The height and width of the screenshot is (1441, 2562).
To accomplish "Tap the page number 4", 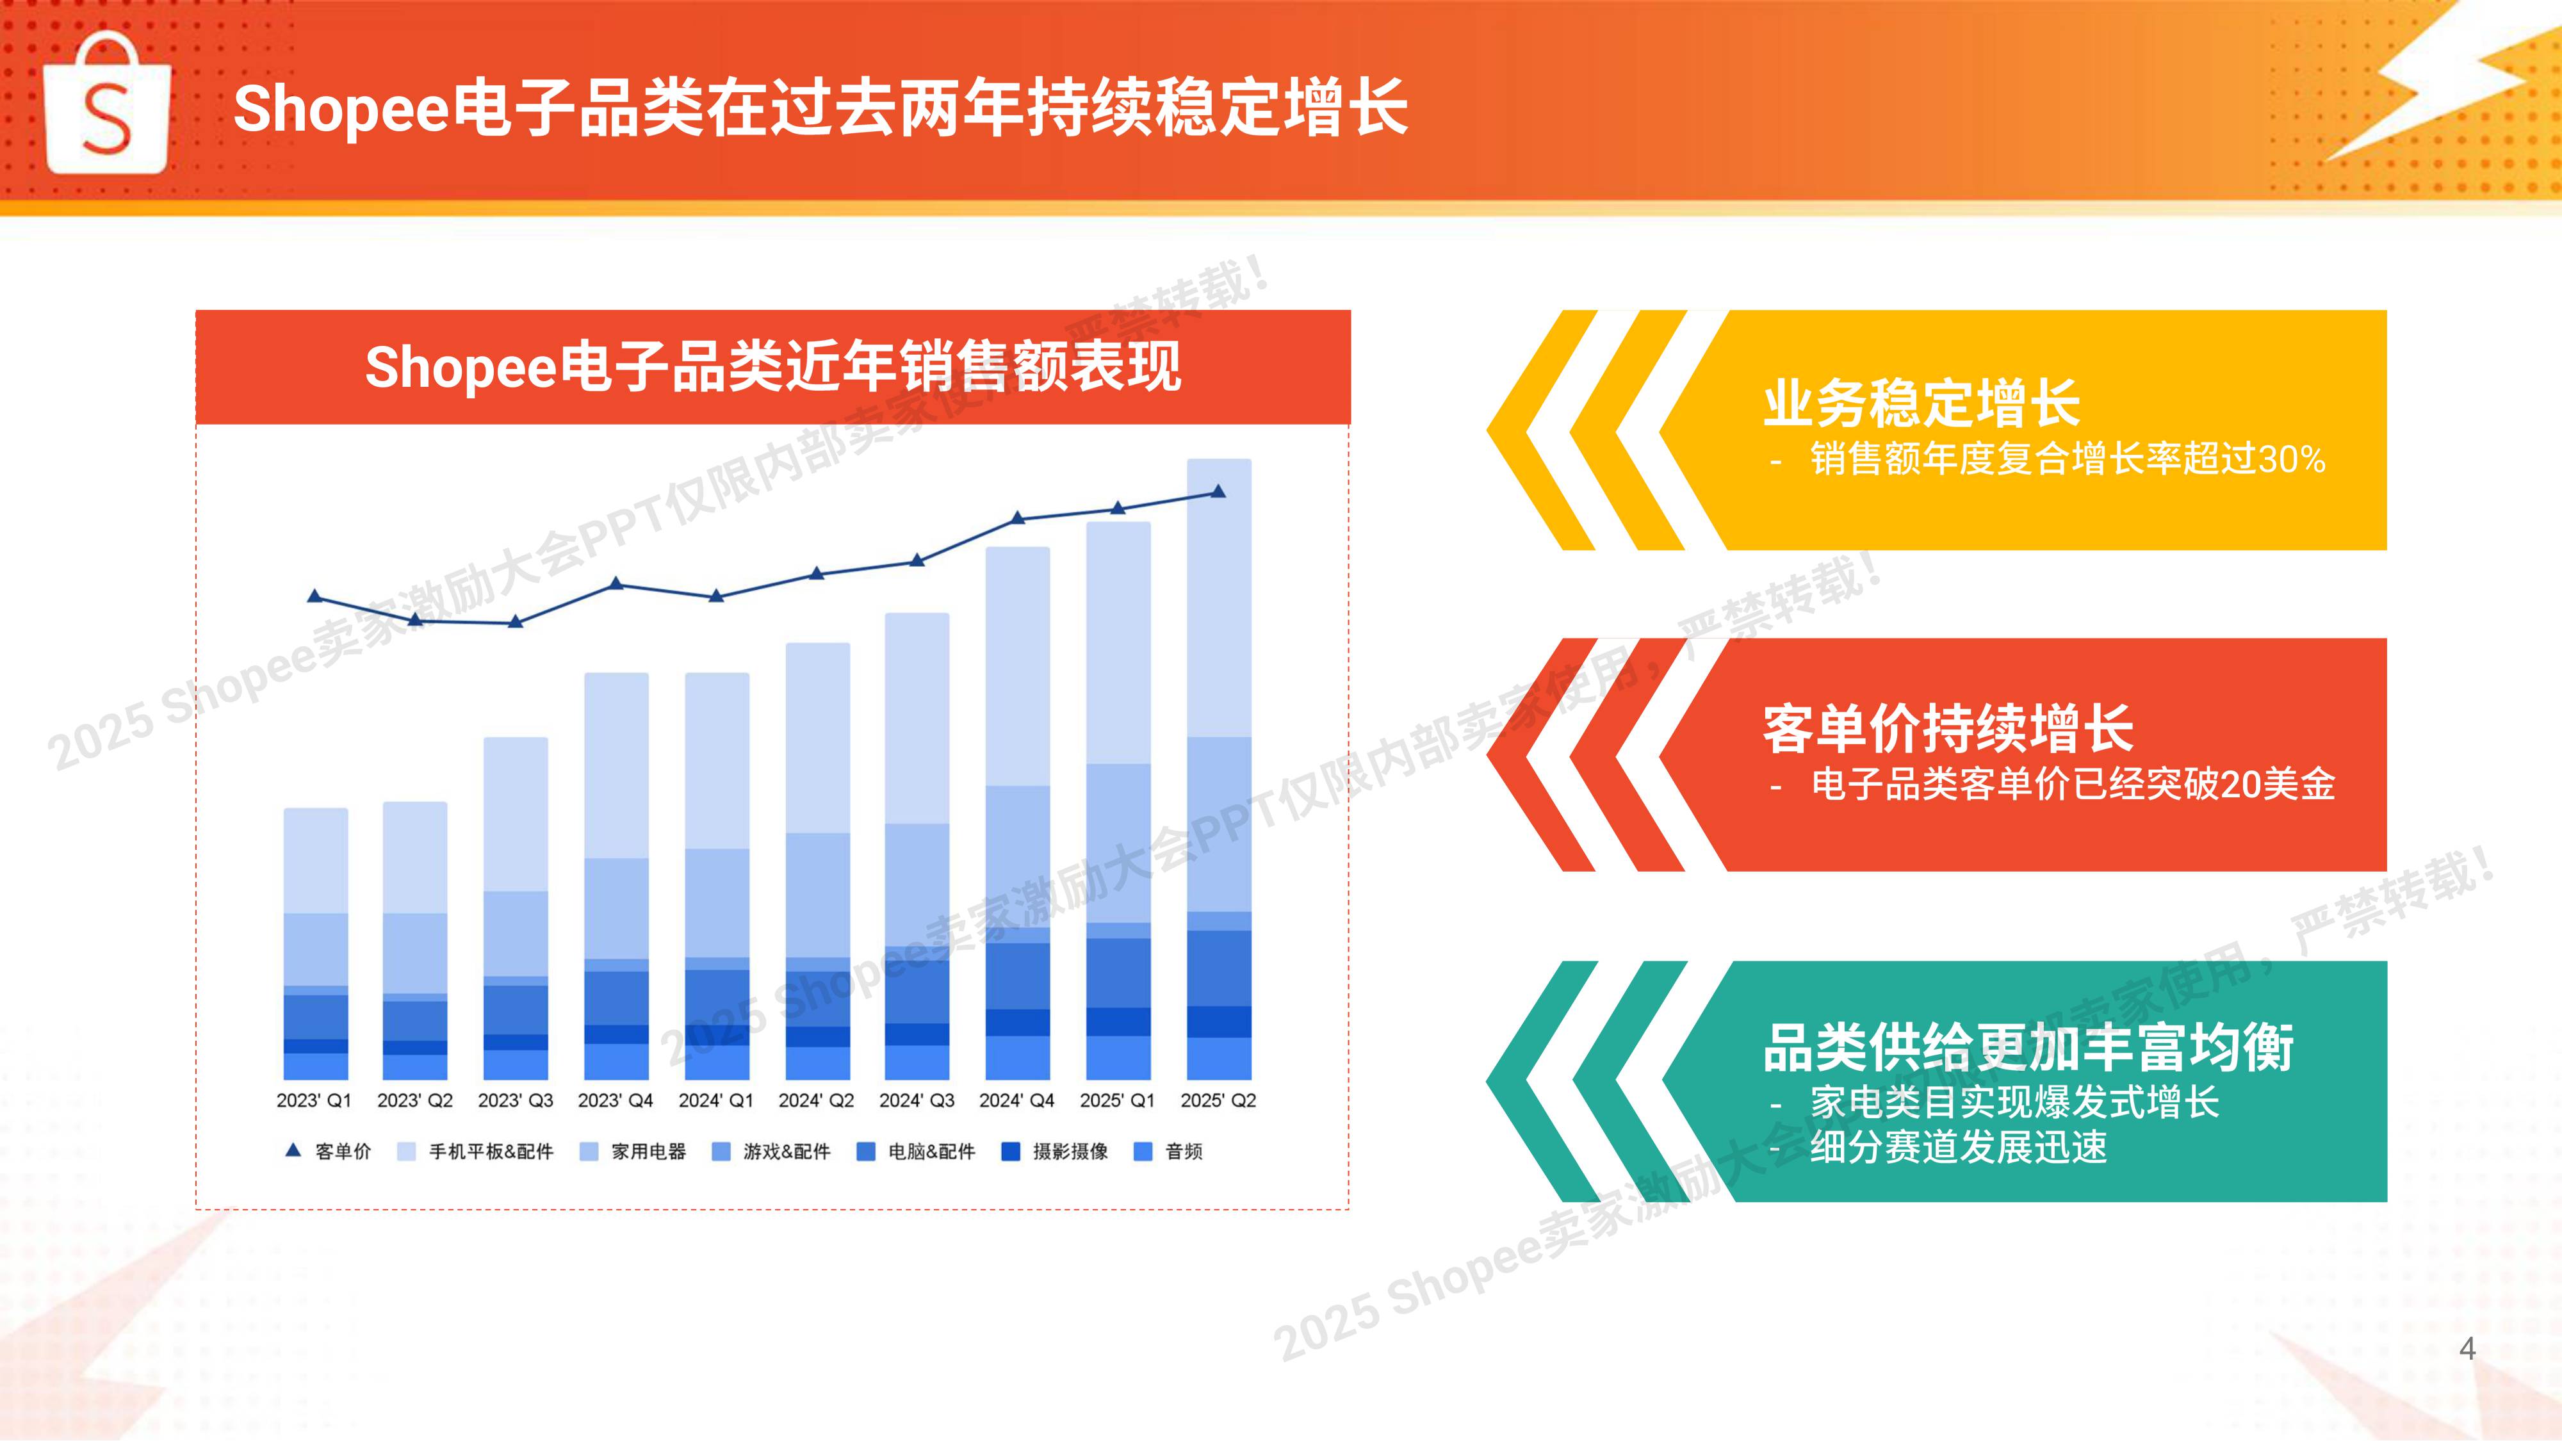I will click(2467, 1349).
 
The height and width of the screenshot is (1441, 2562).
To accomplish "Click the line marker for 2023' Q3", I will click(515, 621).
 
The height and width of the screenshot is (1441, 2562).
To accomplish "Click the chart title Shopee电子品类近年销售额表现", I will click(773, 367).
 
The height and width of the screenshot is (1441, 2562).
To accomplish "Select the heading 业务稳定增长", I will click(1921, 403).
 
